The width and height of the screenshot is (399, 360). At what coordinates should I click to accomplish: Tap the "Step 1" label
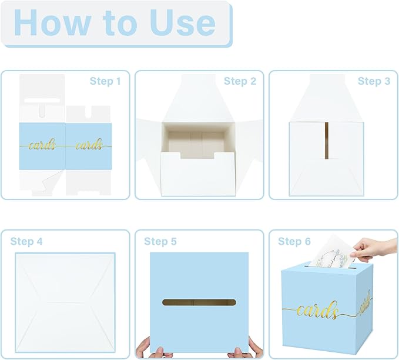point(105,81)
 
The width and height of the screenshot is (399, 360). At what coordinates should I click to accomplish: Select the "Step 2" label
point(240,81)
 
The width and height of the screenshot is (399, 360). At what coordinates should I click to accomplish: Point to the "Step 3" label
point(374,81)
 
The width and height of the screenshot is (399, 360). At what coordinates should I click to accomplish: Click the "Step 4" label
point(26,241)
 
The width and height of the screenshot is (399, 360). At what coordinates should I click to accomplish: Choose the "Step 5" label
point(160,241)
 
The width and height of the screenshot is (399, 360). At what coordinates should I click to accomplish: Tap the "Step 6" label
point(294,241)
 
